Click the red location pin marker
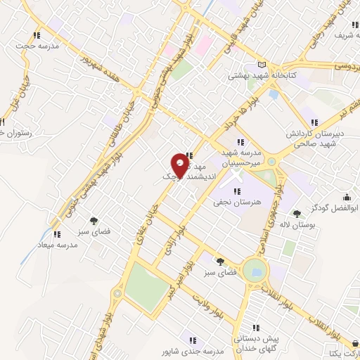(x=181, y=166)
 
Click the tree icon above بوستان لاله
(x=297, y=212)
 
